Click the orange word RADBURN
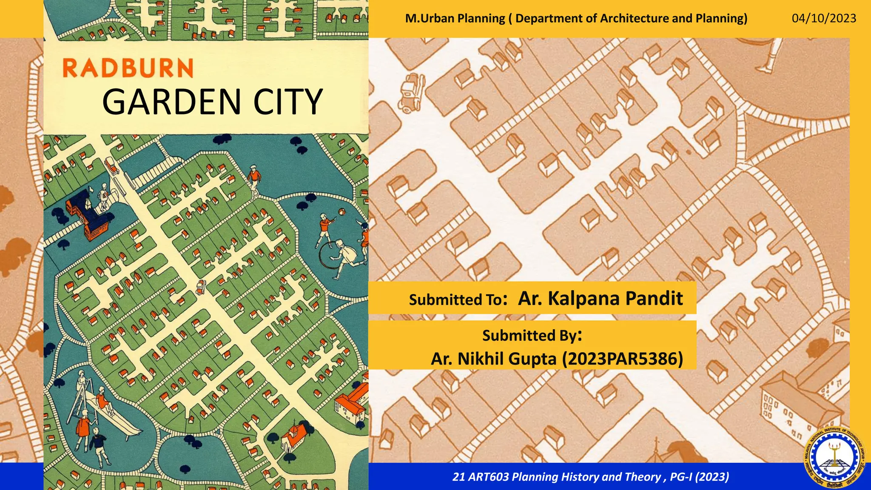[128, 68]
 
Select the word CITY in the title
[288, 102]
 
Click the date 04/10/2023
[824, 18]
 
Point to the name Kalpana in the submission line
[584, 298]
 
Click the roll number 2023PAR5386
[622, 359]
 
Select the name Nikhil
[481, 359]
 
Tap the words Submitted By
[529, 336]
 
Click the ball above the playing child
[341, 211]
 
